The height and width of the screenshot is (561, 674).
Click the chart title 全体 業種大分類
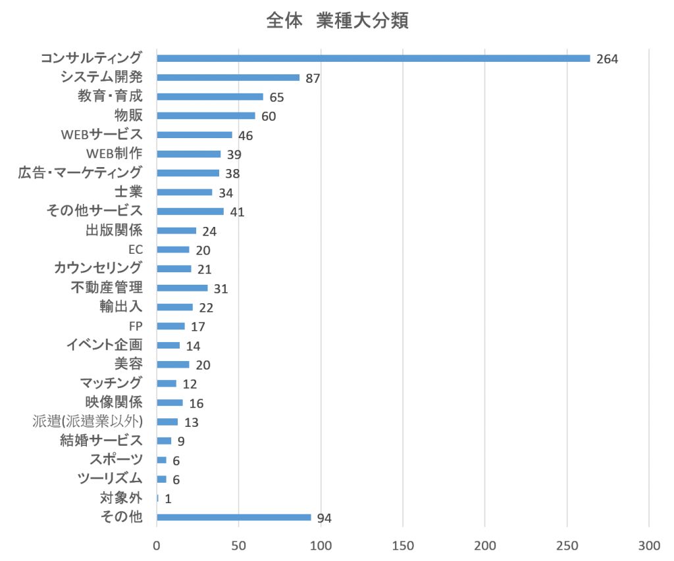tap(338, 21)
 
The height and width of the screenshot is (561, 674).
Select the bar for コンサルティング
tap(373, 59)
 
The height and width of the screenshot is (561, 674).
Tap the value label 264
tap(607, 59)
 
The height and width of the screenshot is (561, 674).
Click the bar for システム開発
tap(228, 78)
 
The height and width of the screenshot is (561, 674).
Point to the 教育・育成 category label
tap(110, 97)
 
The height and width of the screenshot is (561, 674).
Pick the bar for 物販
tap(206, 116)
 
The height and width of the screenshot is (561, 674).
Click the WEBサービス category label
tap(101, 135)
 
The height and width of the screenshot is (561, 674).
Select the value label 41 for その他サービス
tap(237, 212)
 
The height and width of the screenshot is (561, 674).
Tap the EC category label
tap(136, 250)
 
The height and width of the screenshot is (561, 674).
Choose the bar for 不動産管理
tap(182, 288)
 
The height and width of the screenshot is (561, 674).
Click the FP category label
tap(136, 326)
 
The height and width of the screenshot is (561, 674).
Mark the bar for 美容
tap(173, 364)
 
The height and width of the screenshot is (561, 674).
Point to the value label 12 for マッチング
tap(190, 384)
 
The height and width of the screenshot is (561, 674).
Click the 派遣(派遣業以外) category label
tap(88, 422)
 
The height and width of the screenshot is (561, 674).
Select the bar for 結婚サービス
tap(165, 441)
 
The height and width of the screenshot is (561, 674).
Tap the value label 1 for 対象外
tap(168, 499)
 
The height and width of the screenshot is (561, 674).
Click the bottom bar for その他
tap(234, 517)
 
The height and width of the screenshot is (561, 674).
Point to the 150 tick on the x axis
tap(403, 546)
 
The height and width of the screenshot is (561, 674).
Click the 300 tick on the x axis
tap(649, 546)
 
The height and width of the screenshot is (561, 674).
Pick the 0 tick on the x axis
tap(157, 546)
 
